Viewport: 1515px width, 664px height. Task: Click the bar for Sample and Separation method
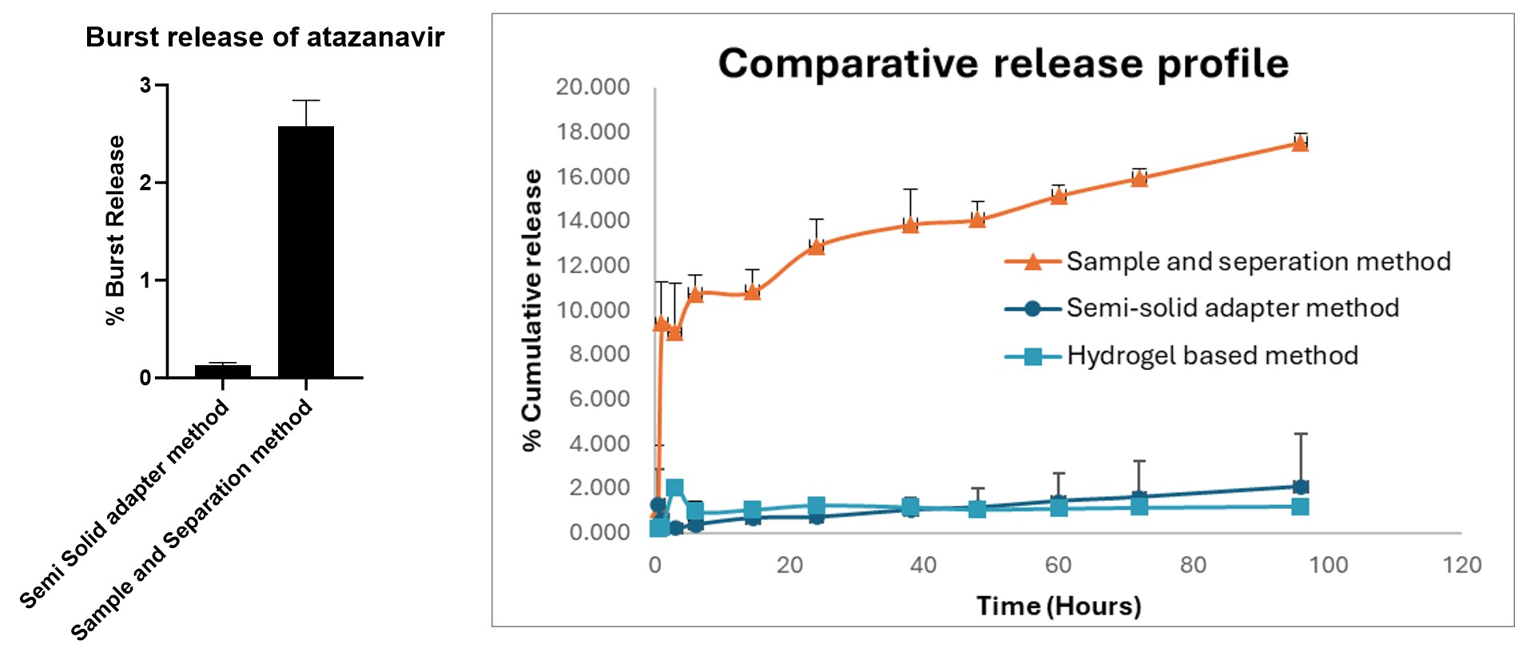[306, 252]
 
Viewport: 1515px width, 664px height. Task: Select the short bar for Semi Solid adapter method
[223, 371]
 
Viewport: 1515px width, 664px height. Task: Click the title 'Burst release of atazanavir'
[264, 38]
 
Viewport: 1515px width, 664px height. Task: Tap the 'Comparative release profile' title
[1003, 63]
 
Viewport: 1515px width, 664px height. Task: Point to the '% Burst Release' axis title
[116, 230]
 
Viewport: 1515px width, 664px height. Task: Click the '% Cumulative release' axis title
[531, 310]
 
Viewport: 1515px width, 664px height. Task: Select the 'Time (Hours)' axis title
[1059, 606]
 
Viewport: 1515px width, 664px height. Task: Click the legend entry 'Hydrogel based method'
[1211, 356]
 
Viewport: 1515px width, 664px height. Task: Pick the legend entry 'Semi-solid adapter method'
[1232, 308]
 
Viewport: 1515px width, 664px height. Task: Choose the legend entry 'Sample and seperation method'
[1258, 262]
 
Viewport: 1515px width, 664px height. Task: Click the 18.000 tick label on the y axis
[593, 132]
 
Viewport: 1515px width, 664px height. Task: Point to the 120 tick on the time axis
[1461, 565]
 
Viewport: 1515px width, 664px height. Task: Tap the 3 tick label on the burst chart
[145, 85]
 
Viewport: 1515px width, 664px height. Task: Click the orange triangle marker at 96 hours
[1300, 143]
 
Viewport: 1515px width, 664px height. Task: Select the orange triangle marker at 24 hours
[816, 246]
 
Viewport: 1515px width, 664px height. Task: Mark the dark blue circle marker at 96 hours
[1300, 487]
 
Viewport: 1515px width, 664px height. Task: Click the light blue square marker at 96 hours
[1300, 507]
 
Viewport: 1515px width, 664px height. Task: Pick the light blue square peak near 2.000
[674, 488]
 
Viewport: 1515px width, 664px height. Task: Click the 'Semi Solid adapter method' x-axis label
[125, 505]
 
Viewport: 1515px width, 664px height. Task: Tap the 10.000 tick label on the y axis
[593, 310]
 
